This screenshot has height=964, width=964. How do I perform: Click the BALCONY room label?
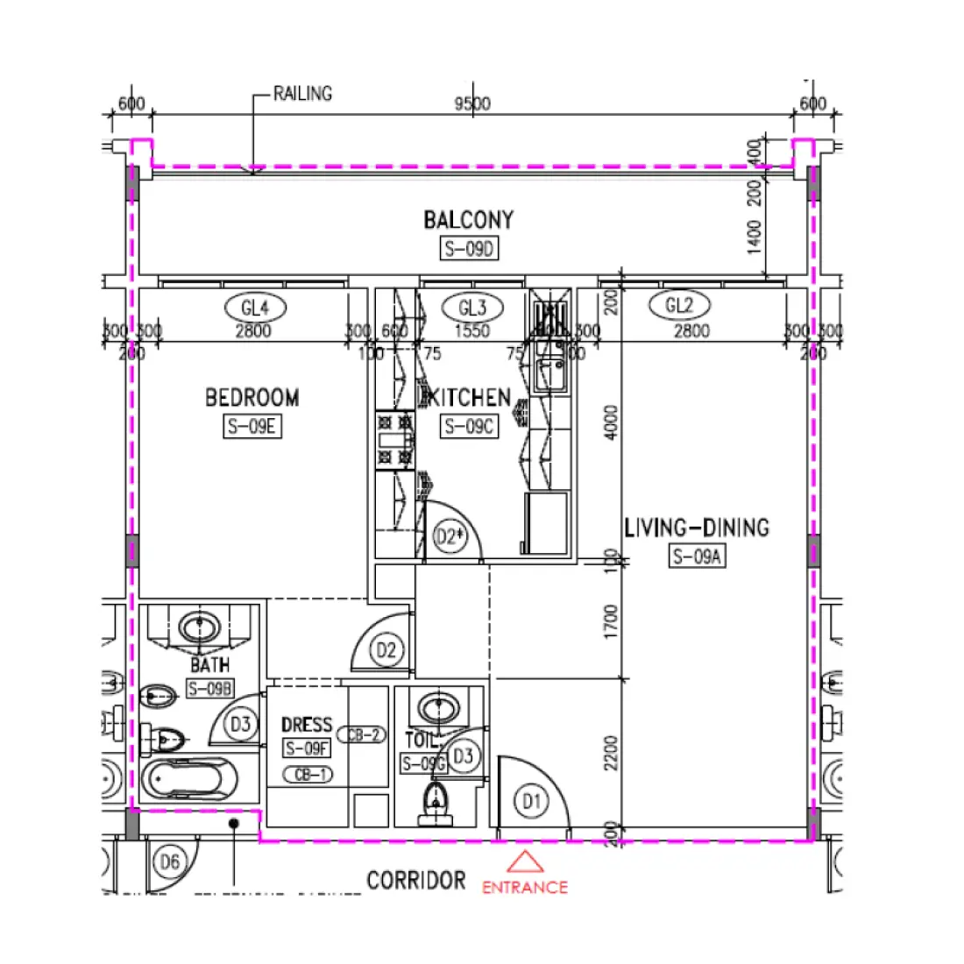[468, 219]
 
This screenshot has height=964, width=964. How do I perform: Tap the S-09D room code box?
[468, 249]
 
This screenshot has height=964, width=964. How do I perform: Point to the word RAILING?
[302, 93]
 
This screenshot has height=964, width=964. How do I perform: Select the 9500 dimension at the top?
[472, 103]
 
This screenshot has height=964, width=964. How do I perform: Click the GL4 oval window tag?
[254, 308]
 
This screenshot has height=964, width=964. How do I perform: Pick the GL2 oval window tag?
[679, 305]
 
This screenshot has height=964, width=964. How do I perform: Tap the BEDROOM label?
[252, 398]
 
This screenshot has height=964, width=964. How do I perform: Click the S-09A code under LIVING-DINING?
[698, 556]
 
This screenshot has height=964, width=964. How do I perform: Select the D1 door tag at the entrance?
[531, 801]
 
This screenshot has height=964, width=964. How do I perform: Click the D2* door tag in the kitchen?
[450, 536]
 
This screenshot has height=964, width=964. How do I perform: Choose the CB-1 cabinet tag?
[308, 775]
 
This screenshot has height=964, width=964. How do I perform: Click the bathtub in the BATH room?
[189, 778]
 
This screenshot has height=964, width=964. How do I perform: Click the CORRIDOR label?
[416, 880]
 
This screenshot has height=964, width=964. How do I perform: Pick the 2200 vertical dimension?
[611, 753]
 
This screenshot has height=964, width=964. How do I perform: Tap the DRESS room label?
[307, 725]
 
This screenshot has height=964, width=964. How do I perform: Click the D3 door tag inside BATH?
[240, 724]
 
